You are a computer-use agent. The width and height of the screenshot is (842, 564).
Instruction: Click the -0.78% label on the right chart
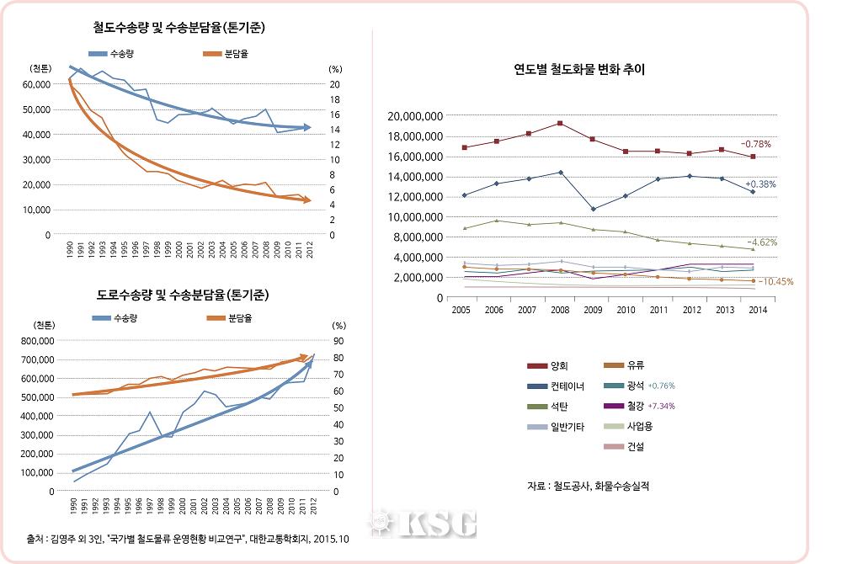tap(755, 145)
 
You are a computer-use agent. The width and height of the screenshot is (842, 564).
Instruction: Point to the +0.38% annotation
tap(760, 184)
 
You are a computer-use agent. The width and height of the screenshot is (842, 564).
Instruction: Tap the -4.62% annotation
tap(761, 242)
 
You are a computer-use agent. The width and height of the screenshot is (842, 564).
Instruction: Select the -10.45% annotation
tap(775, 282)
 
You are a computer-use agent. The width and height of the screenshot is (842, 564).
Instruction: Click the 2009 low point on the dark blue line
tap(594, 210)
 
